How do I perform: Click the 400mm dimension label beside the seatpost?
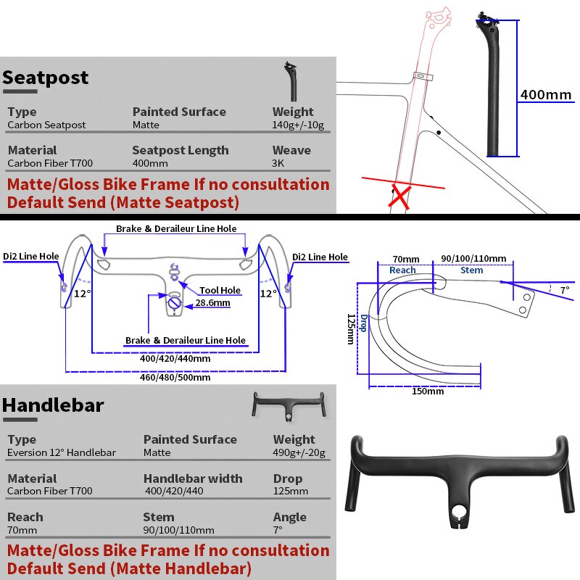[546, 95]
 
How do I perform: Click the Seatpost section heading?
[45, 78]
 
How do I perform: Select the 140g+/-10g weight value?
[298, 125]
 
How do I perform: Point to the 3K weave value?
[279, 163]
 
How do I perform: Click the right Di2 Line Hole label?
[320, 257]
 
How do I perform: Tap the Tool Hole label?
[220, 291]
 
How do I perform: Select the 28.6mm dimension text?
[212, 303]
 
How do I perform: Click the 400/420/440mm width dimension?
[175, 358]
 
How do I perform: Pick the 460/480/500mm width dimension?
[175, 377]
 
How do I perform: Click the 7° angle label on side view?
[565, 289]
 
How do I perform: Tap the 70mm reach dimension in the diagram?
[406, 259]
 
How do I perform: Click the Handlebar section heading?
[53, 405]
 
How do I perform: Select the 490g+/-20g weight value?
[299, 452]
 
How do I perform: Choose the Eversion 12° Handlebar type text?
[62, 452]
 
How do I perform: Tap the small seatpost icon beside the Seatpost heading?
[292, 80]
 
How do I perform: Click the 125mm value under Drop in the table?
[290, 491]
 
